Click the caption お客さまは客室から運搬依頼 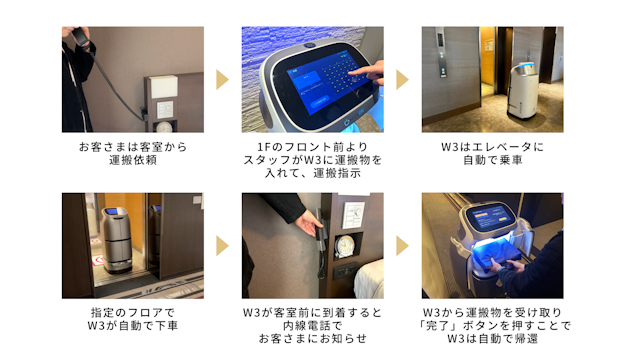[133, 153]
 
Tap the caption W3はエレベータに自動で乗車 [492, 153]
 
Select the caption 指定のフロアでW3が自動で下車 [133, 319]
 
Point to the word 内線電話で [312, 326]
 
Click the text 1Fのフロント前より [312, 147]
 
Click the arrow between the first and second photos [222, 80]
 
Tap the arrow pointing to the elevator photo [402, 80]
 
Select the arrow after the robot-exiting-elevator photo [222, 246]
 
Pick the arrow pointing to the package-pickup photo [402, 246]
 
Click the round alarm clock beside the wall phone [344, 246]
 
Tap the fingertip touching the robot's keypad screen [351, 72]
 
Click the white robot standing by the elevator [522, 91]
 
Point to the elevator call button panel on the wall [442, 53]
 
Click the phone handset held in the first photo [83, 37]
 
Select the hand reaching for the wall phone [308, 224]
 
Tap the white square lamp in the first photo [164, 87]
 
